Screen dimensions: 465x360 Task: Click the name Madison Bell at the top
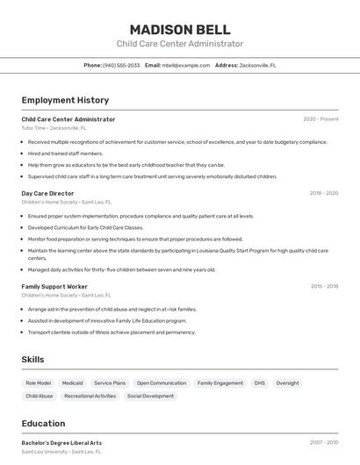[180, 30]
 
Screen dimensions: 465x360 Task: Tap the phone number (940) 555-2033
[121, 65]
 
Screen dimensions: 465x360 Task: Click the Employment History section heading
[65, 101]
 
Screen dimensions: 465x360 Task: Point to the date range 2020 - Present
[320, 119]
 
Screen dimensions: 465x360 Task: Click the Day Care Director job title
[47, 193]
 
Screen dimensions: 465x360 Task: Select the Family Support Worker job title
[54, 286]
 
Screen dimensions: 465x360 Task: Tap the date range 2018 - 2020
[323, 193]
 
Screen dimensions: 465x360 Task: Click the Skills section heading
[32, 360]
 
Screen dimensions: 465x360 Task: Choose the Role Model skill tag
[39, 383]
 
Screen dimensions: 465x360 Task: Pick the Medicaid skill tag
[73, 383]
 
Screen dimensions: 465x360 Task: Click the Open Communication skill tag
[162, 383]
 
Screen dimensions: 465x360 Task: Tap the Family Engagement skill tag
[220, 383]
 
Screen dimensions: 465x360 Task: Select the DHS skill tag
[259, 383]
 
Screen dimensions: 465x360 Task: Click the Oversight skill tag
[287, 383]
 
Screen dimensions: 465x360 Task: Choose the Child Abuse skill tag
[40, 397]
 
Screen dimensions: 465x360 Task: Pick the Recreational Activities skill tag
[90, 397]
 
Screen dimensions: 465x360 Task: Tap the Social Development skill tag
[150, 397]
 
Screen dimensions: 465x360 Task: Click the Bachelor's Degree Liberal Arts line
[61, 443]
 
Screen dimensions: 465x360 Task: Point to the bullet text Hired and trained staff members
[65, 154]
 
